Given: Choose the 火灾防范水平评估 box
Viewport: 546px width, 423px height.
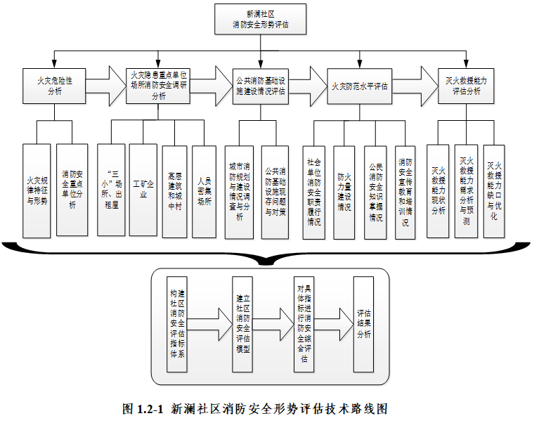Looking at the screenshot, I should [x=360, y=86].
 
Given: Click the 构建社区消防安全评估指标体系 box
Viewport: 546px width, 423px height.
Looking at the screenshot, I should [x=178, y=323].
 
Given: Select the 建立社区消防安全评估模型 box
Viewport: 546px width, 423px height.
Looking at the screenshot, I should [x=242, y=324].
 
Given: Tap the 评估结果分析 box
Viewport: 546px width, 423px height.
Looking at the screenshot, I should [x=364, y=324].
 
